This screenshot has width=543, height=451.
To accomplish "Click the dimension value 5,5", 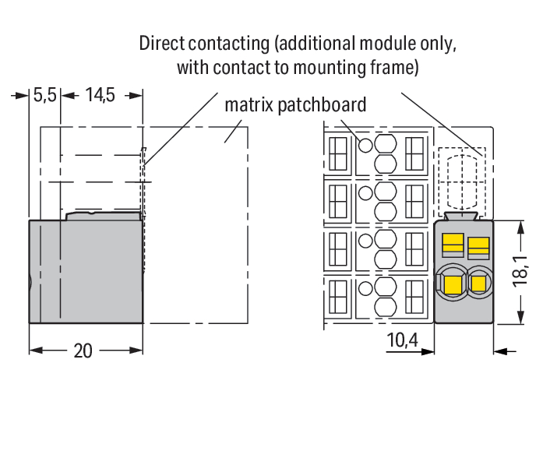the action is click(44, 95).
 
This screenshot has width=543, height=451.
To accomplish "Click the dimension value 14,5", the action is click(100, 95).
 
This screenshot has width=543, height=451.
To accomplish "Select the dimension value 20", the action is click(83, 351).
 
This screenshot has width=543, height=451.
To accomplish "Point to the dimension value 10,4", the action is click(403, 340).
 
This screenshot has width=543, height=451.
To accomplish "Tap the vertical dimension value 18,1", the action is click(520, 271).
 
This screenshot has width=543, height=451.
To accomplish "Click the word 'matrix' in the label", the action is click(249, 104).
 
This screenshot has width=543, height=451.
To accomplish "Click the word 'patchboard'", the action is click(322, 104).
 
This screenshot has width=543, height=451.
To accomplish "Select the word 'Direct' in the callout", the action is click(162, 44).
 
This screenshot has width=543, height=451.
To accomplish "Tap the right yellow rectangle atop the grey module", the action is click(478, 245).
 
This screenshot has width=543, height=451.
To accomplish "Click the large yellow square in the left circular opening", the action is click(453, 284).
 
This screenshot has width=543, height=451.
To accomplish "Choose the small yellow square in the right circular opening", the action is click(478, 284).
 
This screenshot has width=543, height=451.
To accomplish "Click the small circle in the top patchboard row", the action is click(365, 146).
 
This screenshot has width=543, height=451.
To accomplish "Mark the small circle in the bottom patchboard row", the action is click(365, 288).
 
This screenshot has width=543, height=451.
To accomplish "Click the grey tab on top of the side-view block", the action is click(103, 216).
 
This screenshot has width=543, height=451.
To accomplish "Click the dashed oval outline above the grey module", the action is click(462, 182).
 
